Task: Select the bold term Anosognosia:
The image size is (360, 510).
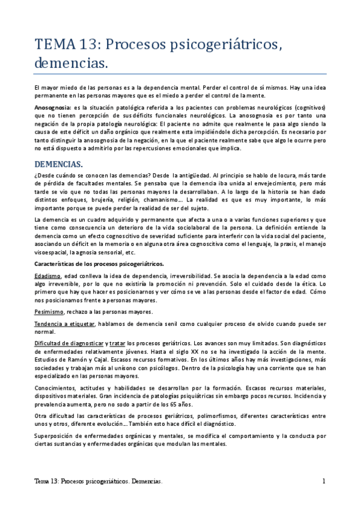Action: tap(53, 106)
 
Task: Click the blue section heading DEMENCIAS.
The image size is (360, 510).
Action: tap(58, 164)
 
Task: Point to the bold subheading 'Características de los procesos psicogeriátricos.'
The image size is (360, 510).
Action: tap(94, 264)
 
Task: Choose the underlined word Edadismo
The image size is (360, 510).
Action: tap(47, 275)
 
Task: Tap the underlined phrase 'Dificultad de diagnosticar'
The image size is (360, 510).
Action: tap(69, 343)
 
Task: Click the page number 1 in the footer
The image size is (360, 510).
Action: tap(323, 482)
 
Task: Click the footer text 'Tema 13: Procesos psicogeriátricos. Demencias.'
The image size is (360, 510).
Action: tap(98, 482)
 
